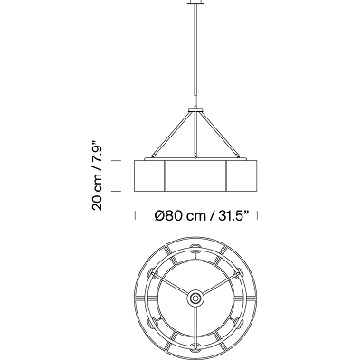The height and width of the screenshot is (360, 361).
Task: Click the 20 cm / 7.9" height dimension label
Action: (98, 175)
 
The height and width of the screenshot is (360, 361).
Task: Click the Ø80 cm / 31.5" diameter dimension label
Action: (202, 216)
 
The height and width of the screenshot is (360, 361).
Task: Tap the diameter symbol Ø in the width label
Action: (159, 216)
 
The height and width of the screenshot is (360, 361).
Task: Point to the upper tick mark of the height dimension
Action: (116, 161)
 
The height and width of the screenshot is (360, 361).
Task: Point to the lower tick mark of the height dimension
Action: (116, 191)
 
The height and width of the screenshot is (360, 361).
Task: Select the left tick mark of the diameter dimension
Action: (135, 215)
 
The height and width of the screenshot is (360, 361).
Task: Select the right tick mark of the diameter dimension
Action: (257, 215)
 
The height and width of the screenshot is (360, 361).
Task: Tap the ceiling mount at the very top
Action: (196, 2)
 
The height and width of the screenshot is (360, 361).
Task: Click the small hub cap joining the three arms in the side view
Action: (196, 110)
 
